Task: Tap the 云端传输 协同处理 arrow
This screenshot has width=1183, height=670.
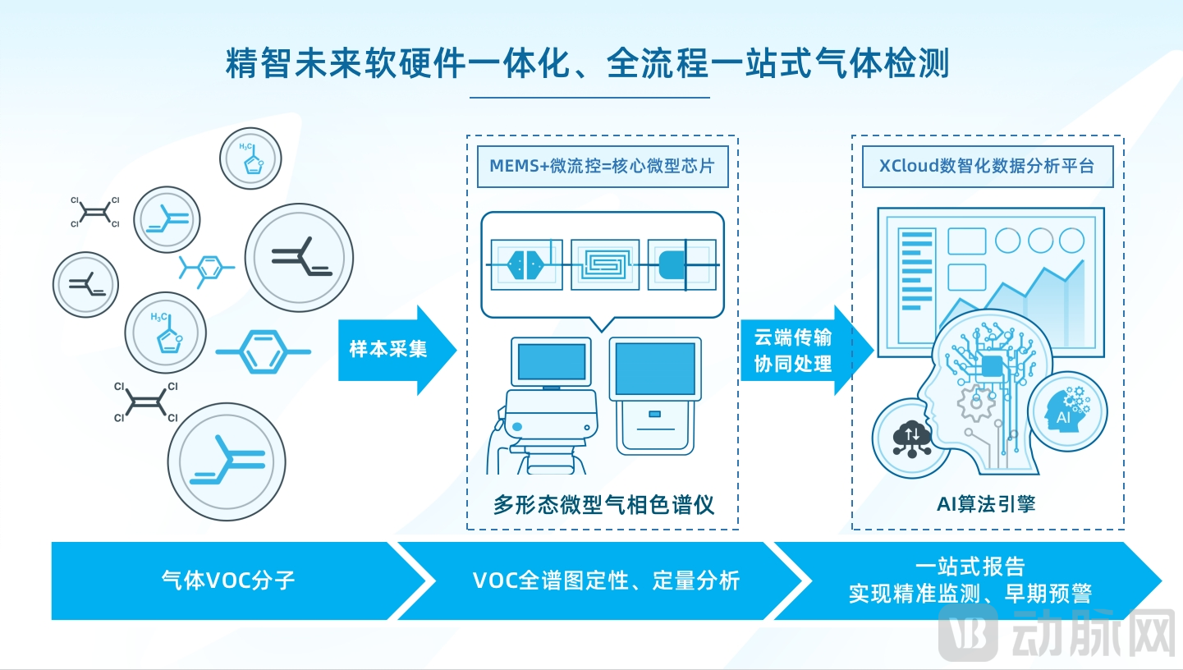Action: pyautogui.click(x=792, y=350)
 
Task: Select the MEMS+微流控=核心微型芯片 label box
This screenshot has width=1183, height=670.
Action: pyautogui.click(x=602, y=165)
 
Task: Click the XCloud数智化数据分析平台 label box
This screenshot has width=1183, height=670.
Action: pyautogui.click(x=987, y=165)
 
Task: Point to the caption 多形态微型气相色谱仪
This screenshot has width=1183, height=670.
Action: pyautogui.click(x=603, y=504)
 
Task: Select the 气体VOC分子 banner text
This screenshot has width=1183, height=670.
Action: pyautogui.click(x=228, y=581)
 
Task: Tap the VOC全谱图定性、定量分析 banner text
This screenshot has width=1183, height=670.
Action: pyautogui.click(x=606, y=581)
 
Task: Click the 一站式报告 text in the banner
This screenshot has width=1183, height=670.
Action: pyautogui.click(x=970, y=567)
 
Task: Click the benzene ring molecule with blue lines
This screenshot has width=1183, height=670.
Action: pyautogui.click(x=264, y=351)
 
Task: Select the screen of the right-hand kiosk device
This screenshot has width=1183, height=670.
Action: pyautogui.click(x=654, y=370)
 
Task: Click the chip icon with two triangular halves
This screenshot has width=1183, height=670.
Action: pyautogui.click(x=525, y=264)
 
